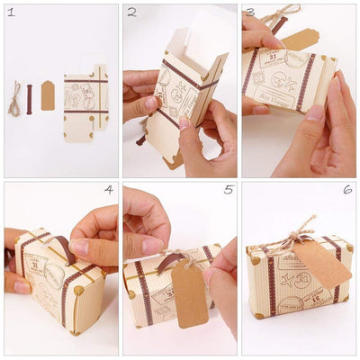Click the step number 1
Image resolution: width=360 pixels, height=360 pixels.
coord(10,12)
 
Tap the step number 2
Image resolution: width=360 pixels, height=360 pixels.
coord(131,13)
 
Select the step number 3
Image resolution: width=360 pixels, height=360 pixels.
coord(250,12)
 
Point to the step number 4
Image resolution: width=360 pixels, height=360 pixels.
coord(109,190)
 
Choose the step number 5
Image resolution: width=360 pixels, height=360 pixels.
coord(229,190)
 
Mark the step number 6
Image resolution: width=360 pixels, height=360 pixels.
coord(347,190)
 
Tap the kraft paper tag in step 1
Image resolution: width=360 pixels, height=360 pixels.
coord(47,94)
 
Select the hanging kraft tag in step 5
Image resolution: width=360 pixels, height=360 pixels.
coord(189,292)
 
